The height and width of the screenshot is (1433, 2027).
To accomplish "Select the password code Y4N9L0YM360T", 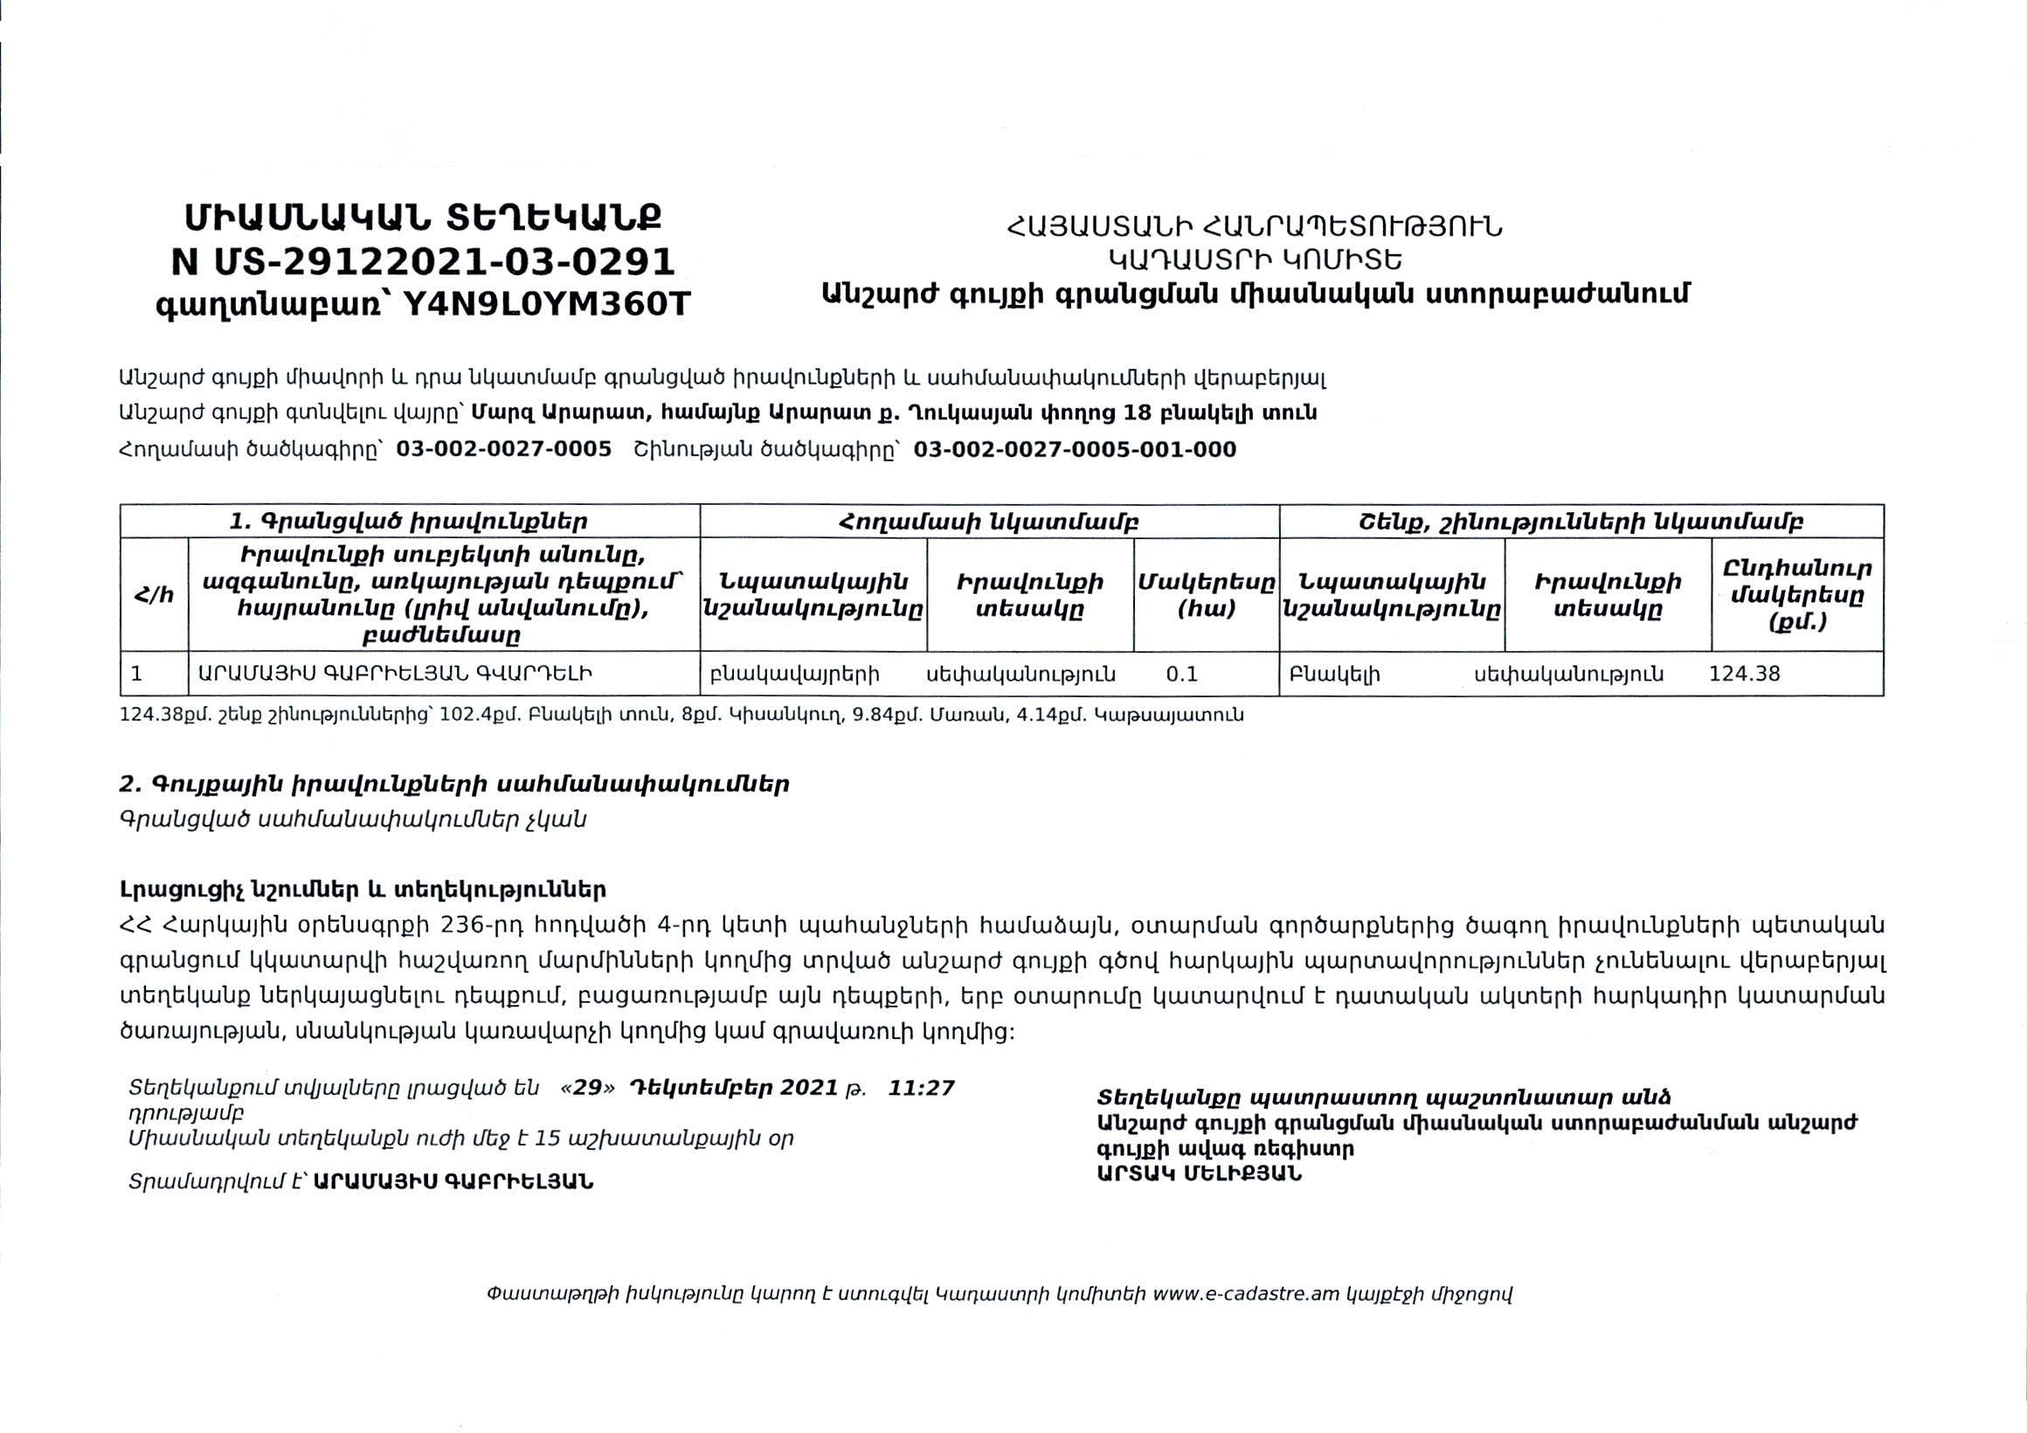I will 546,305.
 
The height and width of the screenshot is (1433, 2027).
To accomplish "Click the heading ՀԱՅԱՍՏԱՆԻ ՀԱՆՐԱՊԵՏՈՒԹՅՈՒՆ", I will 1255,228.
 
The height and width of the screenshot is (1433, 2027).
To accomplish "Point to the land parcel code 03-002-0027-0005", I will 503,449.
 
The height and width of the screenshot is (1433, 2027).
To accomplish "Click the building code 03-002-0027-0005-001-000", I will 1075,449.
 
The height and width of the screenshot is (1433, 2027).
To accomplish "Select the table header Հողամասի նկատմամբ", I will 989,522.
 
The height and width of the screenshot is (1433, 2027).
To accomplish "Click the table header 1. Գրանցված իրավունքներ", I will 409,522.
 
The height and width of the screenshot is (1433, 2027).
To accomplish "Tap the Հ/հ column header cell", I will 154,595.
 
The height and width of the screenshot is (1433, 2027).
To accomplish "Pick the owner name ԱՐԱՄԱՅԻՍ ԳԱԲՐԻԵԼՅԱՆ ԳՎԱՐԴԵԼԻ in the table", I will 395,675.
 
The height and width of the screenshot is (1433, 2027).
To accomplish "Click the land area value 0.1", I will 1181,675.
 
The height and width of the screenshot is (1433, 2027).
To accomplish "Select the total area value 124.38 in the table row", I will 1745,675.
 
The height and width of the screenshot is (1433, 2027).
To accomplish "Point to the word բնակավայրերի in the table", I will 794,675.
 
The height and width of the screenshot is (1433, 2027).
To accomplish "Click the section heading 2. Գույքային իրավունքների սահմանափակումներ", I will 453,784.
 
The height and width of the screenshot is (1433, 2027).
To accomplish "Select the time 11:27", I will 921,1088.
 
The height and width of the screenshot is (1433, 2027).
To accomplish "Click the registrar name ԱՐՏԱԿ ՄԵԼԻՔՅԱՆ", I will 1199,1174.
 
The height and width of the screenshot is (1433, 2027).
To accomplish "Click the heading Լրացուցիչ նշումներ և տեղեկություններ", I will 363,890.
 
